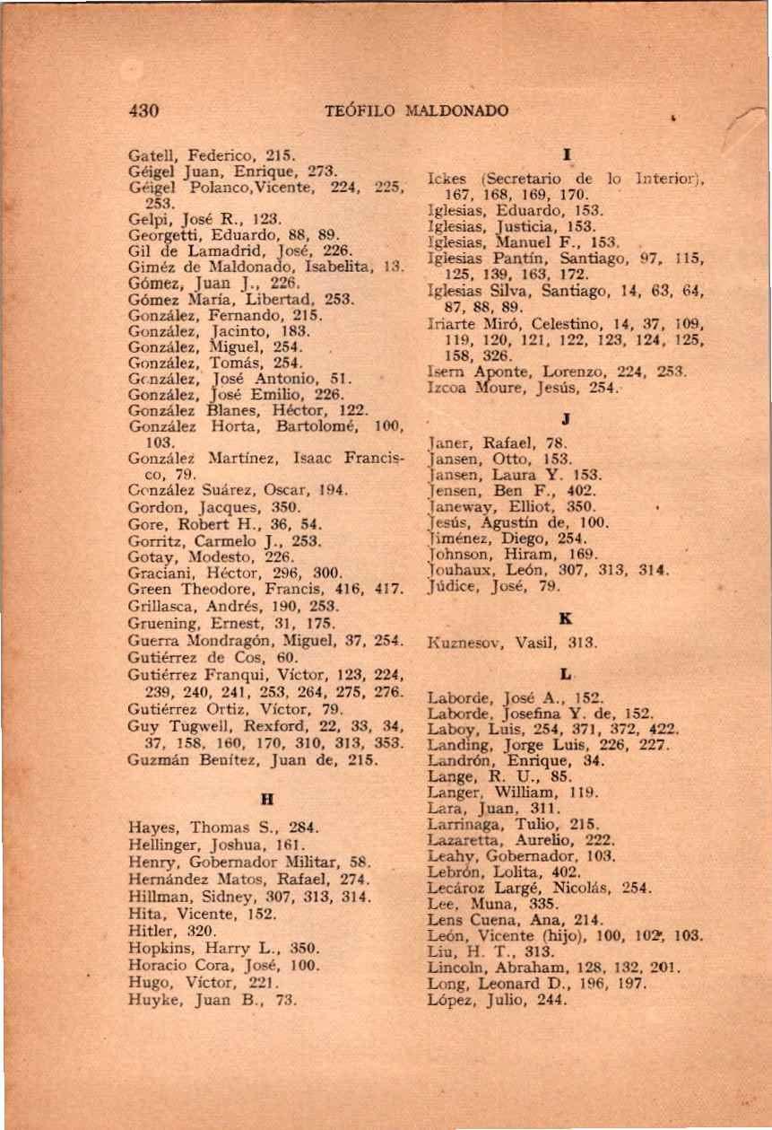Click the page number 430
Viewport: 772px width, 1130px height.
(x=143, y=111)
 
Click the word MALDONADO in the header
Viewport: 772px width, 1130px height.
(x=457, y=111)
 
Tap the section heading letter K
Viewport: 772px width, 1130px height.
(x=566, y=619)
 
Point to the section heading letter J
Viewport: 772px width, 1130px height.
(x=566, y=416)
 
